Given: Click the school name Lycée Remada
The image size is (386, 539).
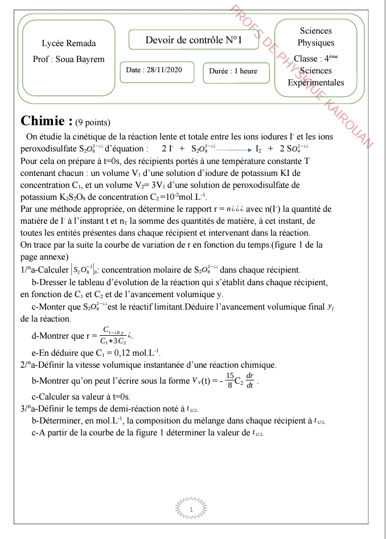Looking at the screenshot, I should pos(69,43).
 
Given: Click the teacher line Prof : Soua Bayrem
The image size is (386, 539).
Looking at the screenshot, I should pos(69,59).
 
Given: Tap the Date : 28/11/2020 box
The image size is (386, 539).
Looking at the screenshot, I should pos(154,70).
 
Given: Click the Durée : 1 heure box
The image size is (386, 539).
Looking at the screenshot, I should pos(233,71).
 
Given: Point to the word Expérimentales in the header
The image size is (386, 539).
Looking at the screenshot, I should pos(316,83).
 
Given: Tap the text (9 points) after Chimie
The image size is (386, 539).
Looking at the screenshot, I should pos(92,122).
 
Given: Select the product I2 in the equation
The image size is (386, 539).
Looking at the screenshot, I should pos(258,149).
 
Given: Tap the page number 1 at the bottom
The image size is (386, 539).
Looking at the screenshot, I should pos(191,508).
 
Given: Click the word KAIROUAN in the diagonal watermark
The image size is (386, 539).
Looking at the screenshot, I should pos(354,123).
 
